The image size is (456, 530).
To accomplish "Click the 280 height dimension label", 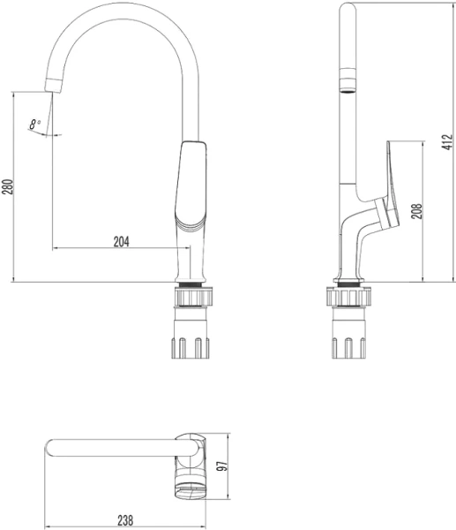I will coord(7,187).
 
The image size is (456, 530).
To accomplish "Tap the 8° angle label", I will coord(35,125).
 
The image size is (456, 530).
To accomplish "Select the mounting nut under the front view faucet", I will coord(194,297).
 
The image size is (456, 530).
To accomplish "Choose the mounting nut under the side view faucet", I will coord(348,297).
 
